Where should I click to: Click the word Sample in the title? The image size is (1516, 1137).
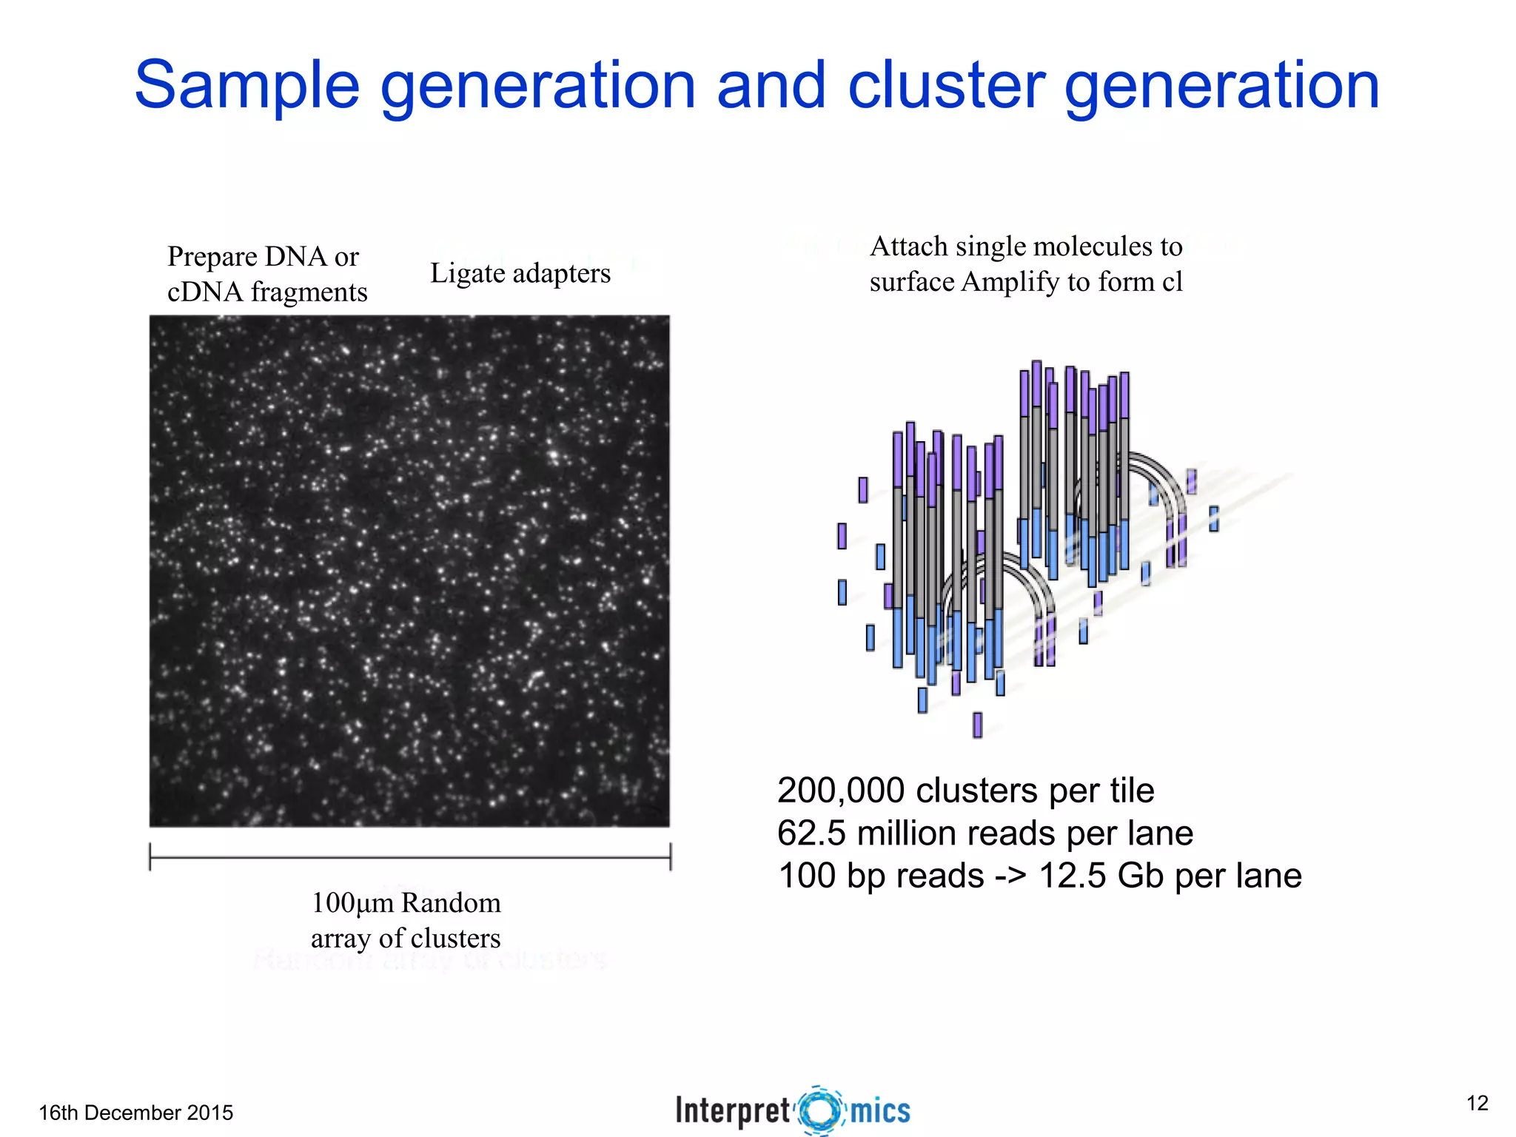pos(246,86)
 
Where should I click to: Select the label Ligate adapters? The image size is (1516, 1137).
pos(520,274)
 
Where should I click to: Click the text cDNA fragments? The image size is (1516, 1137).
pos(267,292)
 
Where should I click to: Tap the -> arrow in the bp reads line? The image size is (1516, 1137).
pos(1010,876)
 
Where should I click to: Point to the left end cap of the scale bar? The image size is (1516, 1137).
pos(150,856)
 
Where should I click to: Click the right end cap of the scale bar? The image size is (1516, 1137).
pos(671,856)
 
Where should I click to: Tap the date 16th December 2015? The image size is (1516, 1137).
pos(136,1113)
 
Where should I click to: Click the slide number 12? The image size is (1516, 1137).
pos(1477,1103)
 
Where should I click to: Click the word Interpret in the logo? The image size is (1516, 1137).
pos(733,1111)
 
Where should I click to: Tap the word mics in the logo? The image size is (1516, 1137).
pos(880,1111)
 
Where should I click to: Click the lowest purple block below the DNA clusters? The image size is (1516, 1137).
pos(977,725)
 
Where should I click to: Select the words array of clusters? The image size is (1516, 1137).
pos(406,939)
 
